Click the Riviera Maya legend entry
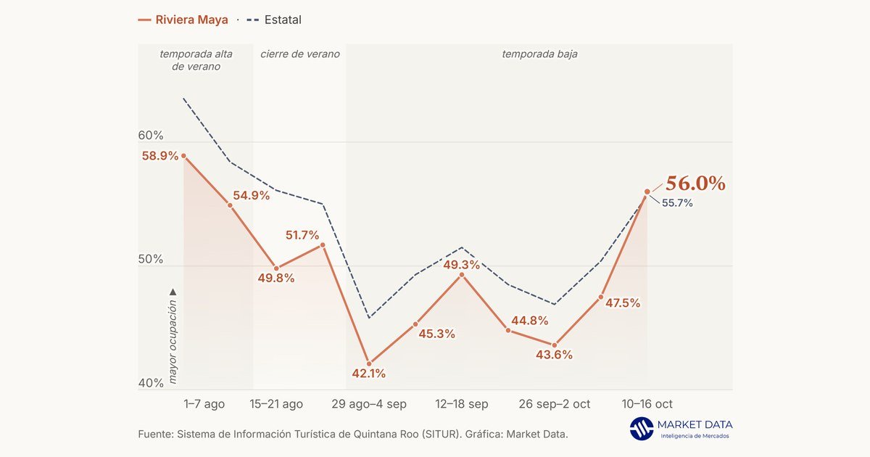coord(183,20)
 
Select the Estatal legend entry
coord(274,20)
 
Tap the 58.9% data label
coord(160,156)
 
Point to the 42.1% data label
coord(368,374)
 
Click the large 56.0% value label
coord(695,184)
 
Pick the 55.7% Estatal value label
coord(677,203)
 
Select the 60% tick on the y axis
coord(151,135)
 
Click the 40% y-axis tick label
coord(151,383)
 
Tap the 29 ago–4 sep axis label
coord(369,404)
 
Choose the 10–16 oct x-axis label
coord(647,404)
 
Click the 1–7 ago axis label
coord(204,404)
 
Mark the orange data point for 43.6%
coord(554,345)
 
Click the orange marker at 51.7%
coord(323,245)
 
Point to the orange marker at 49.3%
coord(462,275)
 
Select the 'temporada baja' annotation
coord(539,54)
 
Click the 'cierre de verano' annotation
coord(300,54)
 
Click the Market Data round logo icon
coord(641,429)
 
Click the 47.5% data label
coord(623,302)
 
